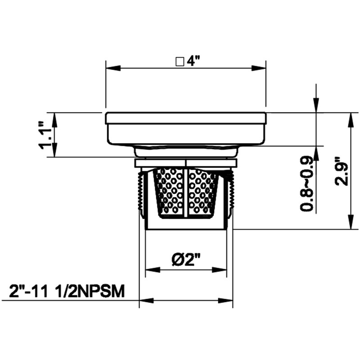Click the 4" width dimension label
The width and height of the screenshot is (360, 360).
[193, 61]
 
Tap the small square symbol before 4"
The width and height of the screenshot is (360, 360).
[180, 62]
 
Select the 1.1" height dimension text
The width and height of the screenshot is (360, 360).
[45, 136]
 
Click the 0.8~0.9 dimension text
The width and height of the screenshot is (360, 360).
[306, 183]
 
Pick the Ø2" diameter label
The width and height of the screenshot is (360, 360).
[186, 260]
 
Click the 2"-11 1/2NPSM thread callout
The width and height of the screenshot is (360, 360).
[67, 291]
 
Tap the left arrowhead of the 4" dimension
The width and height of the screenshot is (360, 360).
[113, 68]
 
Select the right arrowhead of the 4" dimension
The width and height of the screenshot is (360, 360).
[258, 68]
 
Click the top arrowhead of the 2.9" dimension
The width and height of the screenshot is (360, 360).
[351, 120]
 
